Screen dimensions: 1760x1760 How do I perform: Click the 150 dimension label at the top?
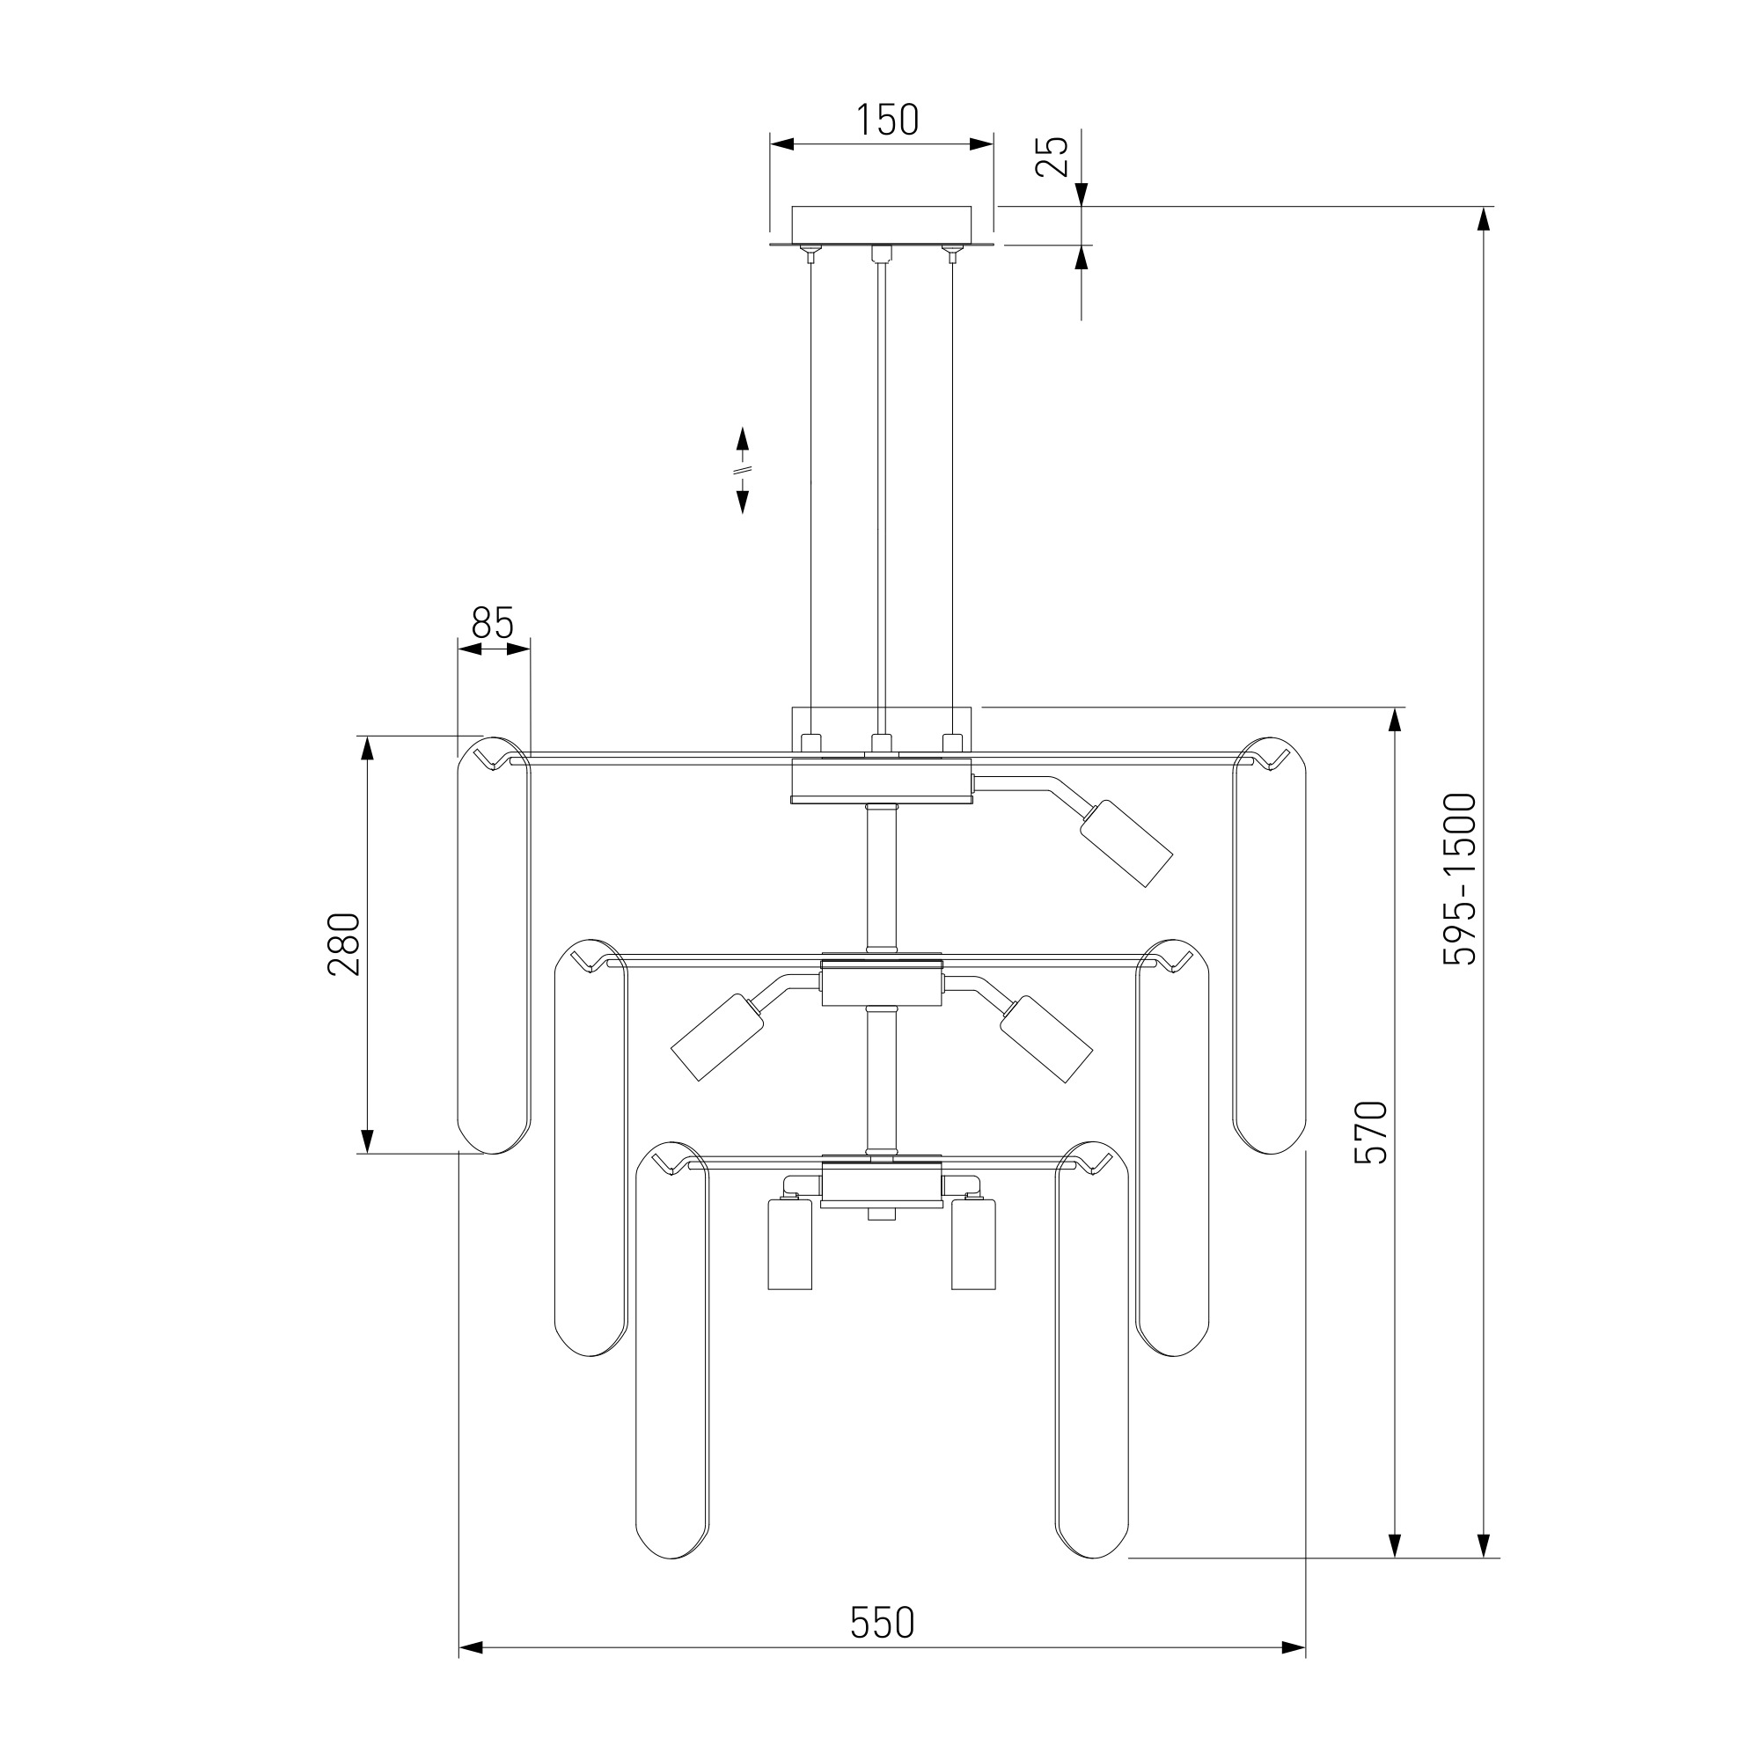886,121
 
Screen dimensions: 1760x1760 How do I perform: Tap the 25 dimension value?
1052,156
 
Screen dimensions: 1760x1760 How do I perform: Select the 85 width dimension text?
493,623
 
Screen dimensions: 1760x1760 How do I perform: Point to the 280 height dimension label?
344,943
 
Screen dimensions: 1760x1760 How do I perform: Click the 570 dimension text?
1370,1132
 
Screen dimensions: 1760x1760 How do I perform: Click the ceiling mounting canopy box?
881,226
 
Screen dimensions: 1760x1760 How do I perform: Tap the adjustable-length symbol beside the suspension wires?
743,470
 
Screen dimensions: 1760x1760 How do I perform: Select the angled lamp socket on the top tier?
1126,843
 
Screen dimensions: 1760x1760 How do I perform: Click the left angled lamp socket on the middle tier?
718,1038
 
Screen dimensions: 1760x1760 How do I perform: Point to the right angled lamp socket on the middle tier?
1045,1038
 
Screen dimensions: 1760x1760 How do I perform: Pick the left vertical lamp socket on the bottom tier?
790,1244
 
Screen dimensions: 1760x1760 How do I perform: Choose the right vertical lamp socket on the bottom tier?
973,1244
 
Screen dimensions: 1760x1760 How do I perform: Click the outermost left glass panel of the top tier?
493,944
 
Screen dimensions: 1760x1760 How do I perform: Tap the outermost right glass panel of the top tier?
1269,944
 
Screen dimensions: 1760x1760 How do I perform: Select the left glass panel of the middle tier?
591,1147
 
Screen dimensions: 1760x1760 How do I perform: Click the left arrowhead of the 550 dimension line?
470,1648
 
